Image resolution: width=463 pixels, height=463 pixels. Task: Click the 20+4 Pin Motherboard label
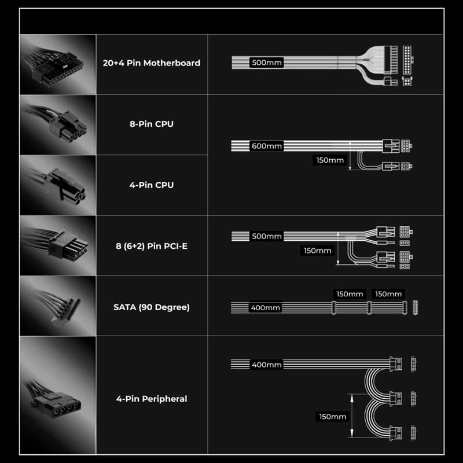click(x=152, y=63)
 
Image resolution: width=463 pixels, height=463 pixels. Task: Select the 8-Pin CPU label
click(x=152, y=124)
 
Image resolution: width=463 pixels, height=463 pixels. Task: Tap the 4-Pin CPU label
click(x=152, y=185)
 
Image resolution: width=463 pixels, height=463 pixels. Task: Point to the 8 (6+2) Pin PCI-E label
click(x=152, y=247)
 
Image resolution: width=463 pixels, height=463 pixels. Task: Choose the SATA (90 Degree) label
click(x=152, y=307)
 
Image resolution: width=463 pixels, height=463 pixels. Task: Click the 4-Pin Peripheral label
click(x=152, y=399)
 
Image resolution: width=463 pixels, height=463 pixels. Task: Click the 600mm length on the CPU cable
click(x=267, y=146)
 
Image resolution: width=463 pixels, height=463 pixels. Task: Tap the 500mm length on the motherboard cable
click(x=267, y=63)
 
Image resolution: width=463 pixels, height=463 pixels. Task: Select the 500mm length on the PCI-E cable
click(x=267, y=236)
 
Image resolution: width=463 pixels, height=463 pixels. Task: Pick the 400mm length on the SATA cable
click(x=266, y=308)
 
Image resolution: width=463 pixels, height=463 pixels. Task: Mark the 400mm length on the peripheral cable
click(x=267, y=365)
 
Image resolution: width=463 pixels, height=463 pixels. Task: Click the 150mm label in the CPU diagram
click(x=330, y=160)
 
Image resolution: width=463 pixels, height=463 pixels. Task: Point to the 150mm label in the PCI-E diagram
click(x=317, y=251)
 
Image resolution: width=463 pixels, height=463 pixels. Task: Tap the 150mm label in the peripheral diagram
click(x=332, y=417)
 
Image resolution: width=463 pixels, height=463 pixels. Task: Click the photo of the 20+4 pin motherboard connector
click(x=58, y=65)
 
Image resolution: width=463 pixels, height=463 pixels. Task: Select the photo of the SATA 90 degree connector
click(x=58, y=306)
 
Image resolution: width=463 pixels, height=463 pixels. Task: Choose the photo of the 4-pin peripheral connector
click(x=58, y=395)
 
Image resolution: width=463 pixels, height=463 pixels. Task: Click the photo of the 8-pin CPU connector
click(x=58, y=125)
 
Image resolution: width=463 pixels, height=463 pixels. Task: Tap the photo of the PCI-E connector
click(x=58, y=245)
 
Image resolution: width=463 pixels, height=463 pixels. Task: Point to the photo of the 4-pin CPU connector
click(x=58, y=185)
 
